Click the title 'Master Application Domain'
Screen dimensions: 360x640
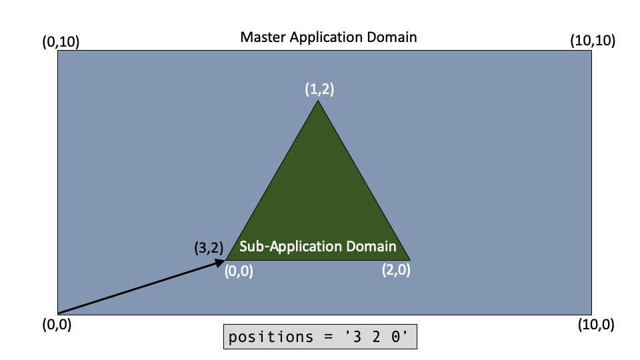pos(329,37)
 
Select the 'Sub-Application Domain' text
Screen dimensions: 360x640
pos(317,246)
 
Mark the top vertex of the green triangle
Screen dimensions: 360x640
pos(318,101)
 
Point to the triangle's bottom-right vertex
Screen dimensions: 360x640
pos(409,259)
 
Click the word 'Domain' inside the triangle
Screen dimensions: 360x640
pos(371,246)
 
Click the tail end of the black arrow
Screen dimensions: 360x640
pos(59,313)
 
